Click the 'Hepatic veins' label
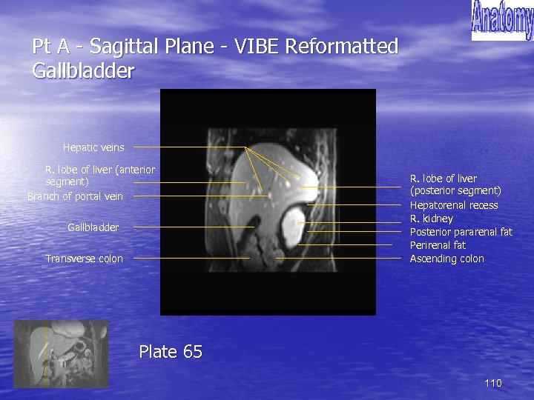pyautogui.click(x=93, y=147)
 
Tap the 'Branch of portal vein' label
pyautogui.click(x=75, y=196)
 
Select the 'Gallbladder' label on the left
pyautogui.click(x=93, y=227)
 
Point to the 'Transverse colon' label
pyautogui.click(x=84, y=259)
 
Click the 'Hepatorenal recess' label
pyautogui.click(x=454, y=205)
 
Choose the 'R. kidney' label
pyautogui.click(x=431, y=219)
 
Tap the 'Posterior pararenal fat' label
pyautogui.click(x=461, y=232)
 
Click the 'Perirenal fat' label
pyautogui.click(x=438, y=245)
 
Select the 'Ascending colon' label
pyautogui.click(x=446, y=259)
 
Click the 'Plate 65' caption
pyautogui.click(x=171, y=352)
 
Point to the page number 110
pyautogui.click(x=492, y=383)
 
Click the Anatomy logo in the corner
pyautogui.click(x=501, y=20)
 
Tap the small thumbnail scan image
pyautogui.click(x=61, y=353)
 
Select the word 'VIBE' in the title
pyautogui.click(x=257, y=47)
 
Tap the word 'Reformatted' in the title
pyautogui.click(x=342, y=47)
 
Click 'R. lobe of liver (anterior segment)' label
pyautogui.click(x=99, y=176)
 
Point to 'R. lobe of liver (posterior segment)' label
pyautogui.click(x=455, y=184)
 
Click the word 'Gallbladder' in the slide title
pyautogui.click(x=84, y=71)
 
